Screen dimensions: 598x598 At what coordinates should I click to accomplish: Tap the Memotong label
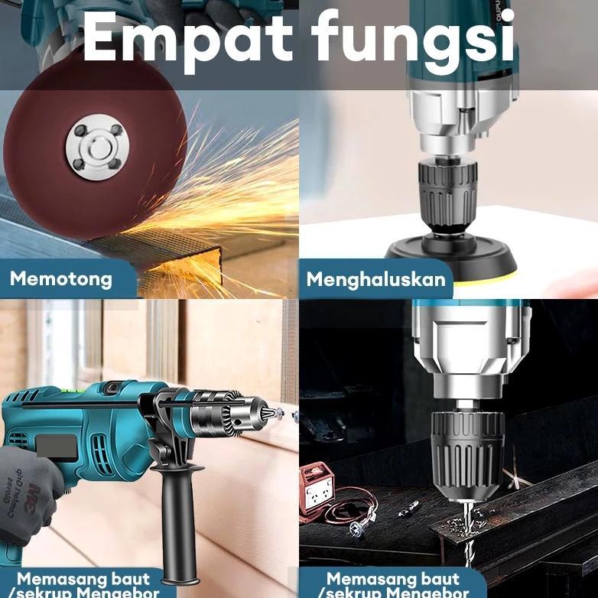61,279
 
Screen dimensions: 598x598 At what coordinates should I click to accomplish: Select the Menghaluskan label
375,279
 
